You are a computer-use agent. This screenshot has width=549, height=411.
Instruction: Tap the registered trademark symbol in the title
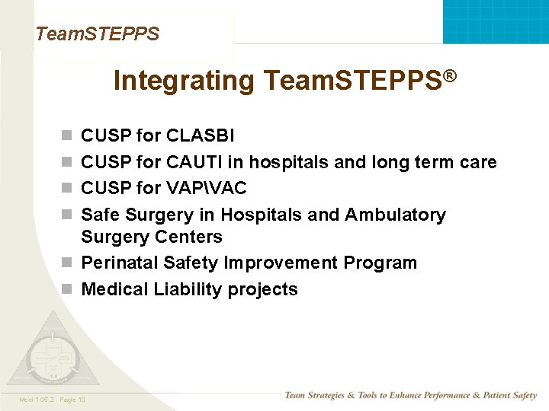pyautogui.click(x=450, y=76)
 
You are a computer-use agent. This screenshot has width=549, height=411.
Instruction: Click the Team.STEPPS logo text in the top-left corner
pyautogui.click(x=97, y=33)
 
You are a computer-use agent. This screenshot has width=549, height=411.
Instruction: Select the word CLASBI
pyautogui.click(x=201, y=136)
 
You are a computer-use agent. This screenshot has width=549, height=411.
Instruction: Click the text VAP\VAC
pyautogui.click(x=207, y=188)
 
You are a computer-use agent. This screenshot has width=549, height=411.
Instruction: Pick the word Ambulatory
pyautogui.click(x=395, y=215)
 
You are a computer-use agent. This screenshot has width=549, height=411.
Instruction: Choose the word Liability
pyautogui.click(x=188, y=289)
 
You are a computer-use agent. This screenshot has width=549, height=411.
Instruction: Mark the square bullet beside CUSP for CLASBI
pyautogui.click(x=67, y=137)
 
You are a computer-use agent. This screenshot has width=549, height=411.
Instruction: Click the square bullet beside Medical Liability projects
pyautogui.click(x=67, y=290)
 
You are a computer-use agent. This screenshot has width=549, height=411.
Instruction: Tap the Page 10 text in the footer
pyautogui.click(x=72, y=400)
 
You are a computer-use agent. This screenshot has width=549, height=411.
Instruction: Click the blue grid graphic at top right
pyautogui.click(x=496, y=21)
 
